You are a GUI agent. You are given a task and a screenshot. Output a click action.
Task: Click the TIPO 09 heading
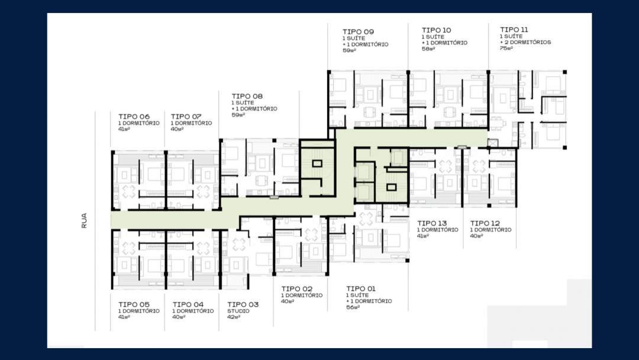[358, 31]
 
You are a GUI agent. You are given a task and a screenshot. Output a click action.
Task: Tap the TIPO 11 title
[514, 30]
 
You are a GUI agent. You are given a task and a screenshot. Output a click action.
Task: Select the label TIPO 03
[243, 304]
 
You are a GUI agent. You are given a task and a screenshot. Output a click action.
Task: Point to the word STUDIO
[238, 311]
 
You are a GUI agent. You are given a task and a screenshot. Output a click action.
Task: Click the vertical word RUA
[84, 221]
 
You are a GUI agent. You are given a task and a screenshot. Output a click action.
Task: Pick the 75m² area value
[506, 48]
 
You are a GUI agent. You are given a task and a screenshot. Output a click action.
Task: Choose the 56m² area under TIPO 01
[353, 307]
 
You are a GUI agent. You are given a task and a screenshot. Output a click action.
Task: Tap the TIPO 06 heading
[134, 116]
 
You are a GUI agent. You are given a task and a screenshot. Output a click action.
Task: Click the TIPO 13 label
[432, 223]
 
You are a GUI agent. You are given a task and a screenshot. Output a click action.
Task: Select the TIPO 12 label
[485, 223]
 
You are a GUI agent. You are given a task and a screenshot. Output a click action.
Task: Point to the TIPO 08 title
[247, 97]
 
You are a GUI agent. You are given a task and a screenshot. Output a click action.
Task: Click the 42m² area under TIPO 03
[234, 317]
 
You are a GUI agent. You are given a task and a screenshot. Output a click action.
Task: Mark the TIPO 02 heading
[296, 289]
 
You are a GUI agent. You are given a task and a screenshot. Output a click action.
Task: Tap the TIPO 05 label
[134, 304]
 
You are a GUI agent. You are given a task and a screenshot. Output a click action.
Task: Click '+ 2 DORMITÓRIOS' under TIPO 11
[526, 42]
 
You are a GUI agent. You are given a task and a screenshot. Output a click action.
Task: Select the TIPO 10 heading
[437, 30]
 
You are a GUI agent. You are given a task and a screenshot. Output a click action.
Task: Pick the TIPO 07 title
[186, 116]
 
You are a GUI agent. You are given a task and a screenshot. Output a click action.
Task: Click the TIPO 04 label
[188, 304]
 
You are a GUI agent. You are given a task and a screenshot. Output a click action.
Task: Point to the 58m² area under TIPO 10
[428, 49]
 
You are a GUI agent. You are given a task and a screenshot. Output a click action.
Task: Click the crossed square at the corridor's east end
[493, 143]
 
